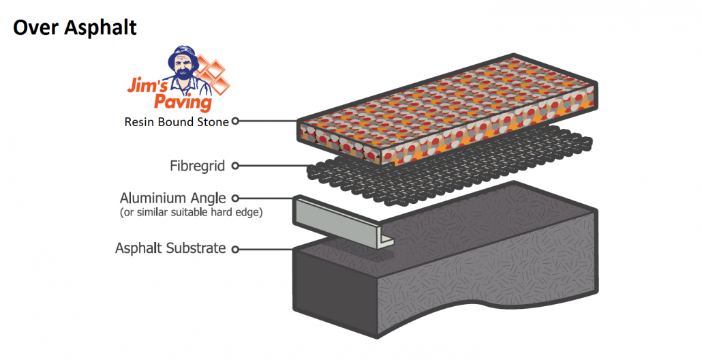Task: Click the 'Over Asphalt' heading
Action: [x=75, y=27]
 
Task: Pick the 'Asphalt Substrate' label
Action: [x=170, y=248]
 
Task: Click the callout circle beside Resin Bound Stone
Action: [x=235, y=121]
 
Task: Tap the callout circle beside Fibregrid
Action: [x=235, y=165]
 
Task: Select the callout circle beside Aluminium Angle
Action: [x=235, y=198]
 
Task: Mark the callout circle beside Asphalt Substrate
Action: [x=235, y=249]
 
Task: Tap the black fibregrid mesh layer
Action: [x=341, y=174]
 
